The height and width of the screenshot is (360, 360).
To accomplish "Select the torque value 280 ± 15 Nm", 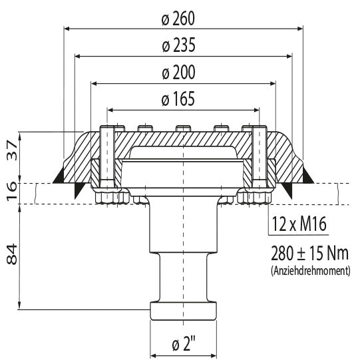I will pos(311,254).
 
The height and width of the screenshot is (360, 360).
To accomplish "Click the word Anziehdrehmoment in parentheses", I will pos(311,271).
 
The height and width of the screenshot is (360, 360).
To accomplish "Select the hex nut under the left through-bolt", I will pos(110,196).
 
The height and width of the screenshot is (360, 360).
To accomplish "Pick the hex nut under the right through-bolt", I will pos(256,196).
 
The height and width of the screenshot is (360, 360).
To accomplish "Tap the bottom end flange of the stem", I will pos(183,311).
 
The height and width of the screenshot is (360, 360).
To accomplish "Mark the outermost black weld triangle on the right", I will pos(307,174).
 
